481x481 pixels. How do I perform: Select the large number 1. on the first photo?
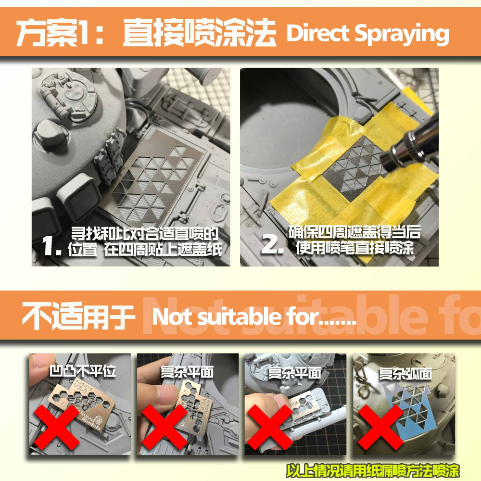[52, 247]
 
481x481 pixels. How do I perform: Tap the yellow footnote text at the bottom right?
[373, 469]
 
